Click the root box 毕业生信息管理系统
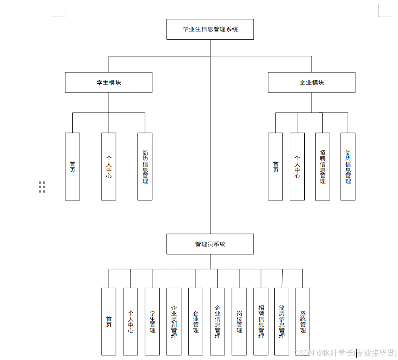(x=210, y=29)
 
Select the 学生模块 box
(x=109, y=82)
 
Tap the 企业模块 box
(x=312, y=82)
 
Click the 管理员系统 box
(x=210, y=244)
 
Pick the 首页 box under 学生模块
(x=72, y=166)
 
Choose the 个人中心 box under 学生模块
(x=109, y=166)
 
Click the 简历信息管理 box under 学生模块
(x=145, y=166)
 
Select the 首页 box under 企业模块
(x=276, y=166)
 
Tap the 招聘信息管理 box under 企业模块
(x=322, y=166)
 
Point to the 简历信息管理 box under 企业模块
(x=348, y=166)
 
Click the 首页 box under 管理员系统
(x=109, y=321)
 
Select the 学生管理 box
(x=152, y=321)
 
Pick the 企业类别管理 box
(x=174, y=321)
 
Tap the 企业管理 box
(x=196, y=321)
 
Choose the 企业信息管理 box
(x=217, y=321)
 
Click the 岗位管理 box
(x=239, y=321)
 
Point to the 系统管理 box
(x=303, y=321)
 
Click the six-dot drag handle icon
(x=42, y=187)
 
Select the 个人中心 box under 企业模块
(x=297, y=166)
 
